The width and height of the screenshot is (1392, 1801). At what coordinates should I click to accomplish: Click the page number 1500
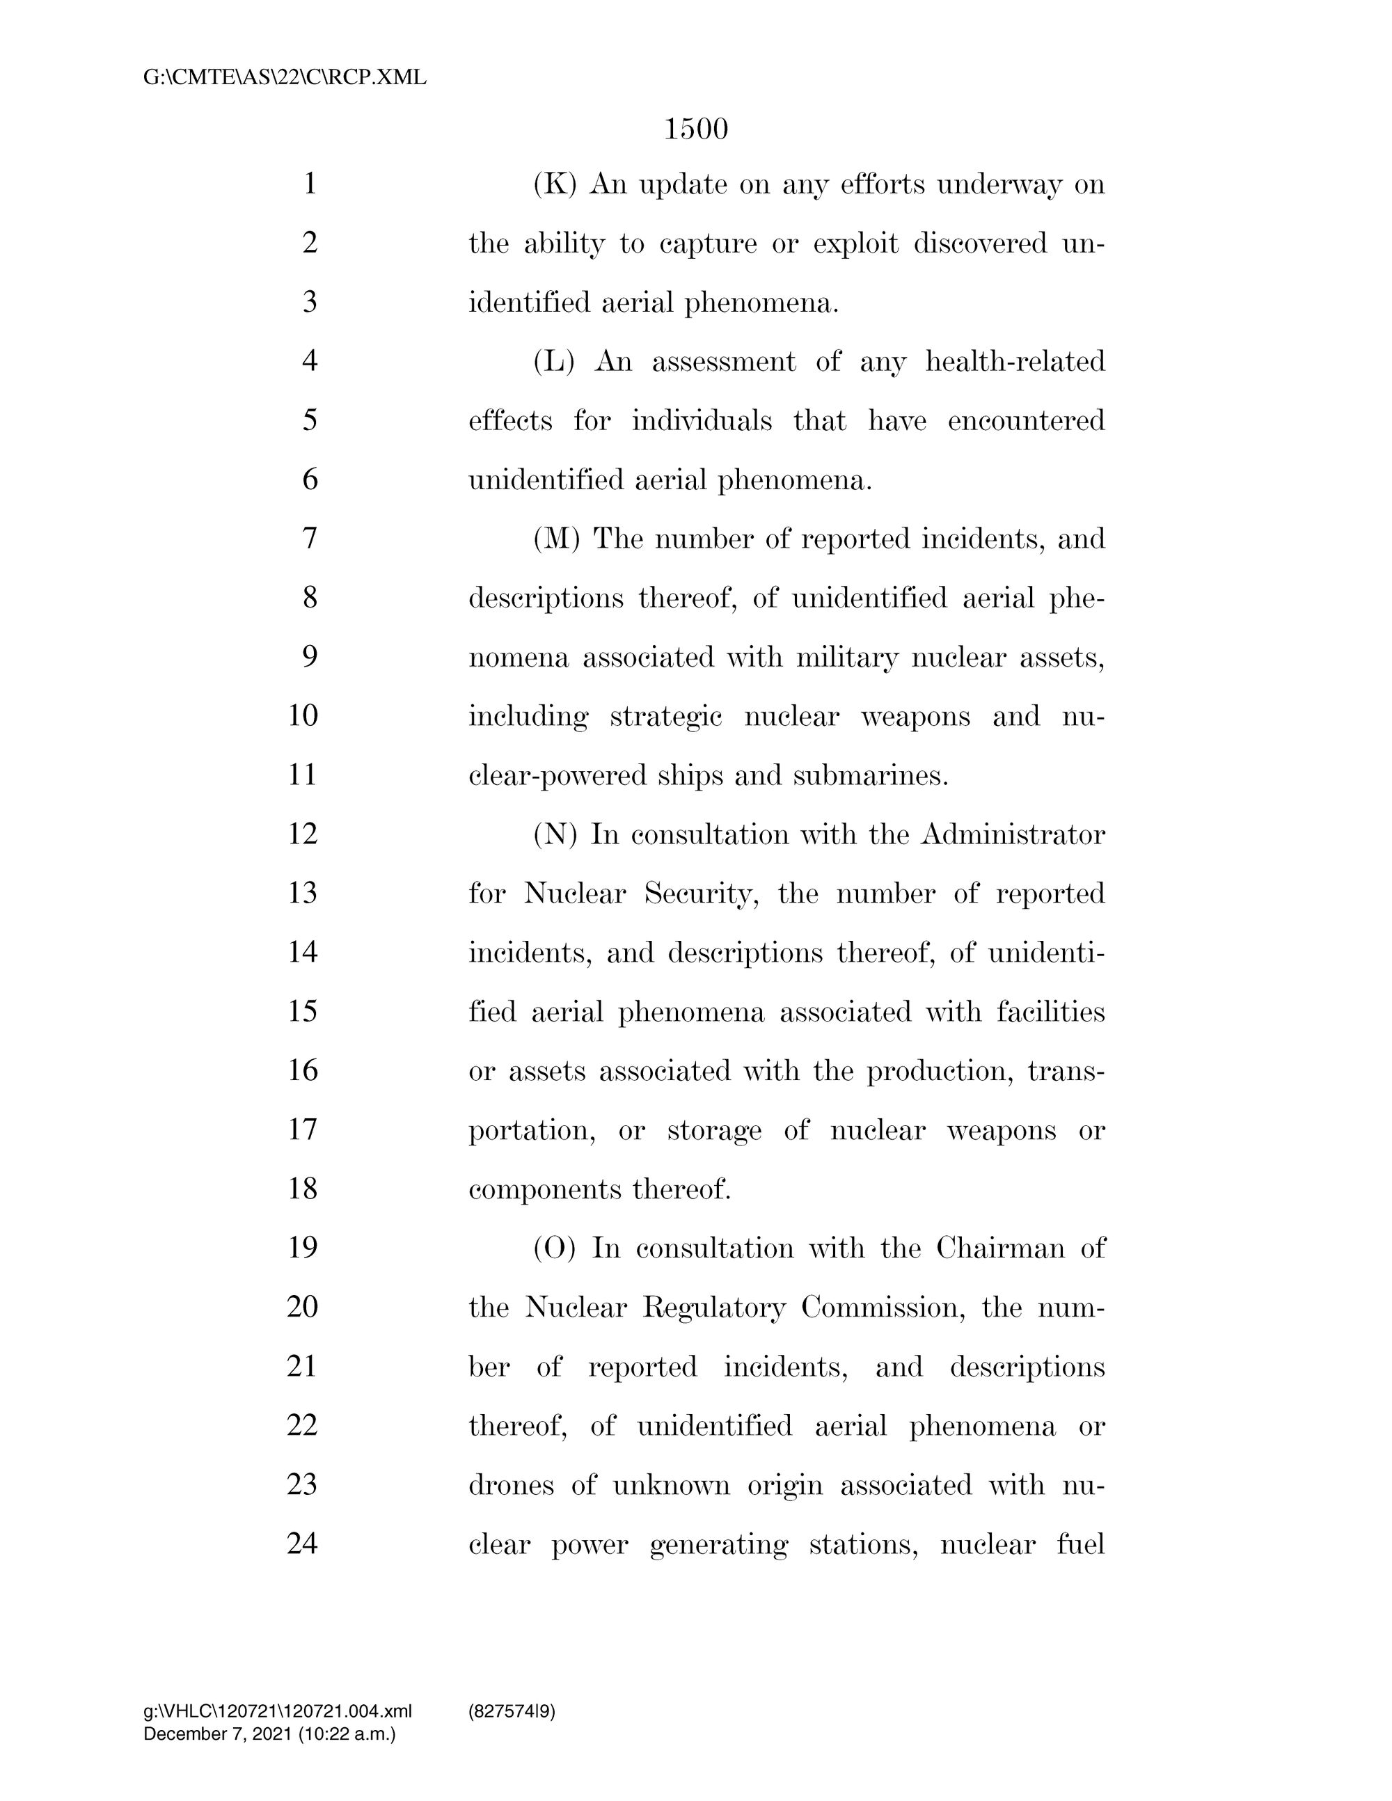(696, 129)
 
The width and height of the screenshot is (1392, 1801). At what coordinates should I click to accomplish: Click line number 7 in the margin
(310, 539)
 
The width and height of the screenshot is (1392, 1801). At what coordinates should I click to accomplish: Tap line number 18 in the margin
(303, 1189)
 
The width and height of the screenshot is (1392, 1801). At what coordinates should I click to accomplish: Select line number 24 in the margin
(303, 1544)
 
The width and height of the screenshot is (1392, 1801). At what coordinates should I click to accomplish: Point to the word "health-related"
(1015, 361)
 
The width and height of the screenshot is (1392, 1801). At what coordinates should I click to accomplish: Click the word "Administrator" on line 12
(1013, 834)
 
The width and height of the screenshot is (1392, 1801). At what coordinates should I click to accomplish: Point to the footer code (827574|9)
(512, 1711)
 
